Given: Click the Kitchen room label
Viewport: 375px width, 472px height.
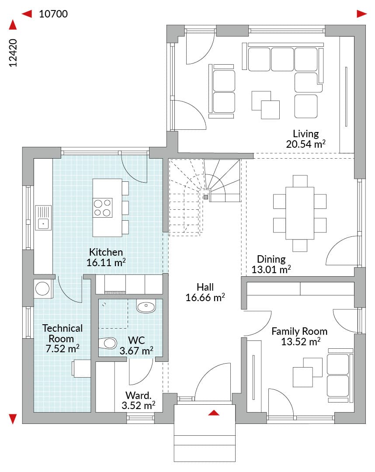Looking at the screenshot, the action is [x=106, y=252].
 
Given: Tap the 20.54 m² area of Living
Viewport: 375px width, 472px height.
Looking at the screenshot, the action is [x=306, y=144].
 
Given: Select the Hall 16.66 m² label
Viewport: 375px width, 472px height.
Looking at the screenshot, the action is [x=205, y=292].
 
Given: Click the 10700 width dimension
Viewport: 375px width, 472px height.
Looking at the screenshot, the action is [x=53, y=14].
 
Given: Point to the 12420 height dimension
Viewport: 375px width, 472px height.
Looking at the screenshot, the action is [x=13, y=53].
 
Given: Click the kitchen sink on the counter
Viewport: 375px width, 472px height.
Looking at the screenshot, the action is [x=43, y=218].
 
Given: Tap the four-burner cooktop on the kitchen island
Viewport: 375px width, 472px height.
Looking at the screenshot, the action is [x=102, y=208].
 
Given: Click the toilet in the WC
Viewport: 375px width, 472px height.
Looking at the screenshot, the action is [x=108, y=343].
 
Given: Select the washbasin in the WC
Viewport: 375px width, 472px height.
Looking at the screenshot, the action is [x=146, y=306].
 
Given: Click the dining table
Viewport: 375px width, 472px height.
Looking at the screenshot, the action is [x=300, y=213].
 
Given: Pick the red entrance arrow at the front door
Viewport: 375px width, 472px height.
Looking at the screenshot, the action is [x=214, y=413].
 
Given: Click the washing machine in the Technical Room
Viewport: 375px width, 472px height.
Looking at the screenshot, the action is [x=43, y=289].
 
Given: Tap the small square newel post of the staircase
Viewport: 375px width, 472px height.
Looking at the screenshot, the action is [x=205, y=197].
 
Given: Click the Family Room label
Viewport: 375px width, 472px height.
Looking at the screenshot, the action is [x=299, y=331].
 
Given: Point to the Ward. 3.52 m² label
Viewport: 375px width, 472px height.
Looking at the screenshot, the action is [x=139, y=400].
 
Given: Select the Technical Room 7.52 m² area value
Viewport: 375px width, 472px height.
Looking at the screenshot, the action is [x=62, y=349].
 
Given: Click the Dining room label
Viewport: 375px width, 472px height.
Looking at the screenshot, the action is [x=271, y=259].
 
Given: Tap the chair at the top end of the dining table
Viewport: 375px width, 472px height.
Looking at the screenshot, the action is [x=300, y=181].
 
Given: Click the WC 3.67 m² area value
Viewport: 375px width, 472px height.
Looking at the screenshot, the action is [x=136, y=351].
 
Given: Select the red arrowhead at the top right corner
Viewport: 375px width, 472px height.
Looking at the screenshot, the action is [x=362, y=14].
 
